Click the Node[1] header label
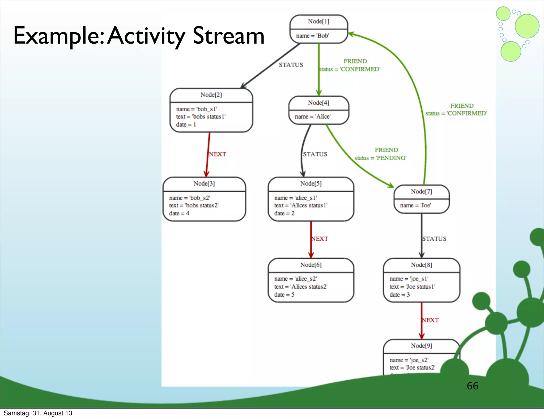[x=318, y=22]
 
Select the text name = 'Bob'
[x=312, y=36]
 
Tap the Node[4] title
[x=318, y=103]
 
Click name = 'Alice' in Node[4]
[x=313, y=117]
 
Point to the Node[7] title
[x=422, y=192]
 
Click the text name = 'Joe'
[x=415, y=206]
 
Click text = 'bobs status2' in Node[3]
[x=194, y=206]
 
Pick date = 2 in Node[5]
[x=284, y=213]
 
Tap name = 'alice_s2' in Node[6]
[x=295, y=279]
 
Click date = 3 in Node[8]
[x=399, y=295]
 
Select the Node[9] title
[x=422, y=346]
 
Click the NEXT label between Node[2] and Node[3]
[x=217, y=154]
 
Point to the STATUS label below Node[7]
[x=434, y=239]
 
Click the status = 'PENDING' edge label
[x=380, y=158]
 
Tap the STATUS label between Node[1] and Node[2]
[x=291, y=65]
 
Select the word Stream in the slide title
[x=228, y=36]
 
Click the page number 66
[x=472, y=386]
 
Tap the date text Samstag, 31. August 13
[x=38, y=413]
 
